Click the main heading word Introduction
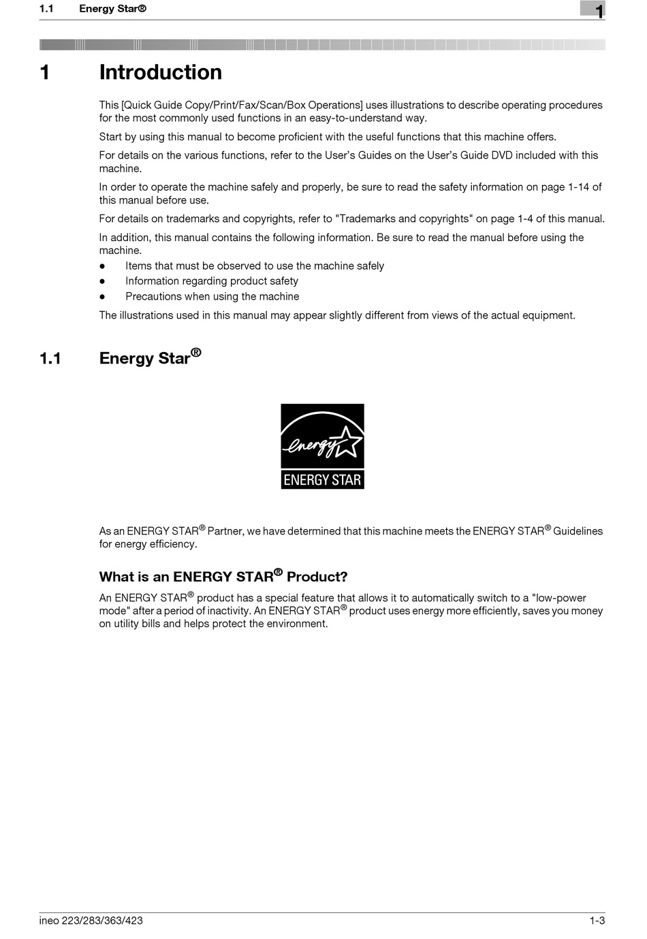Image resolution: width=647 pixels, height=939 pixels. tap(161, 72)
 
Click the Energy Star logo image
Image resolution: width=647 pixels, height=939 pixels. tap(322, 446)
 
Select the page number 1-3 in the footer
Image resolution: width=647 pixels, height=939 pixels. tap(597, 921)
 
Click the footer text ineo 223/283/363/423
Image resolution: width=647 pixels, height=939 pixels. tap(91, 921)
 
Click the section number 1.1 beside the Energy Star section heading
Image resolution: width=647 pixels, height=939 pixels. tap(50, 358)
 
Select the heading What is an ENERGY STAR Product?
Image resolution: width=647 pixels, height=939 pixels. tap(223, 577)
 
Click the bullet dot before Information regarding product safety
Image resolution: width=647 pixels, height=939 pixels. tap(102, 281)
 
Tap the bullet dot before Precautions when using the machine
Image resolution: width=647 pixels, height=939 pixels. tap(102, 297)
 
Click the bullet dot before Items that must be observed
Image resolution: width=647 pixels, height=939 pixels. tap(102, 266)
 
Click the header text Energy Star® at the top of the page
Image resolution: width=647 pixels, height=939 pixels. tap(112, 9)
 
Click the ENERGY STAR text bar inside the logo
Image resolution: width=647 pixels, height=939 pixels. tap(322, 479)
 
